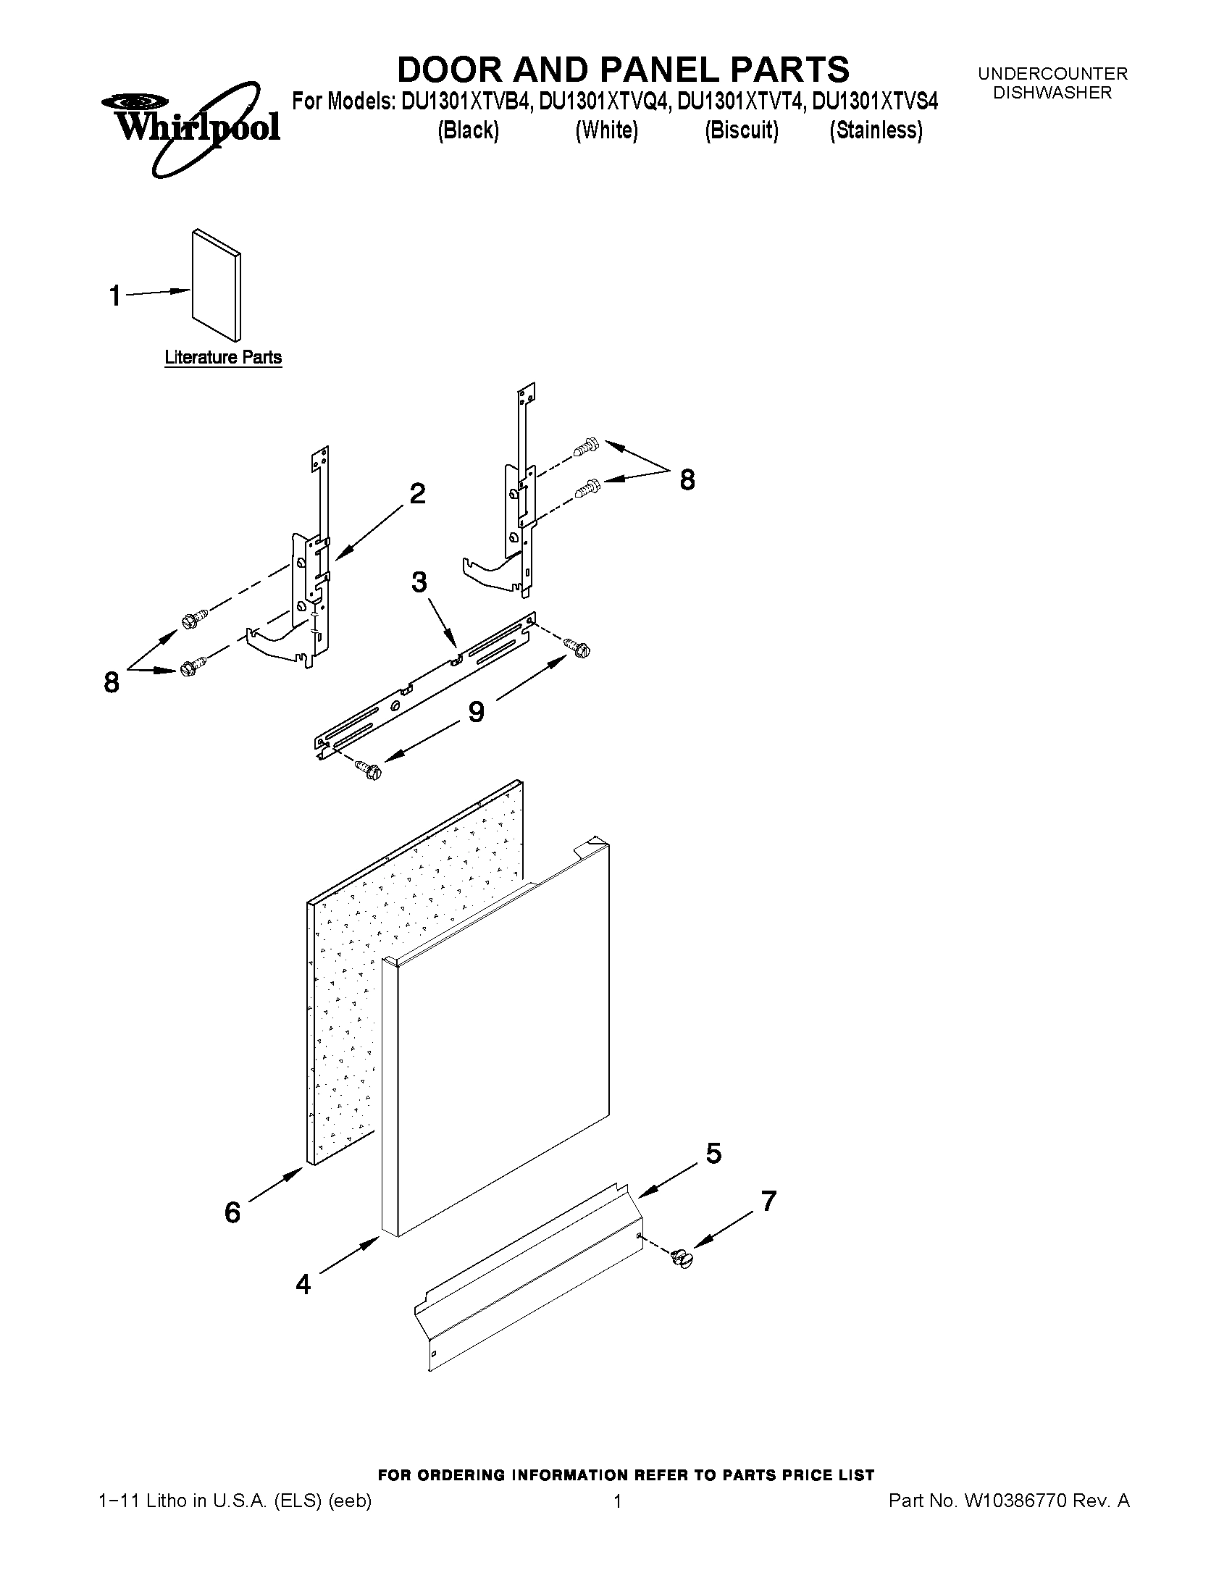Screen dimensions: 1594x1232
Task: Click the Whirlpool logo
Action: [190, 128]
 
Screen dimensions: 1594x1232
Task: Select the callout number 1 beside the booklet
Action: [115, 295]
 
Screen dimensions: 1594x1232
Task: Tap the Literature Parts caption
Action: [222, 357]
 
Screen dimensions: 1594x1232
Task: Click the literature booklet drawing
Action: [216, 285]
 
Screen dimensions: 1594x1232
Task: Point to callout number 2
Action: [416, 494]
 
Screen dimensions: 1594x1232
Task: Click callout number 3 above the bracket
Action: [419, 582]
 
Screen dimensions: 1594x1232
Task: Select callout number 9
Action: [476, 711]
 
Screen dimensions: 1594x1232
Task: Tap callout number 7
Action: [768, 1201]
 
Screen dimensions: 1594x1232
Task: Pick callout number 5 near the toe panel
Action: [713, 1153]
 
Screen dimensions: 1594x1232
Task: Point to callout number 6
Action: [232, 1212]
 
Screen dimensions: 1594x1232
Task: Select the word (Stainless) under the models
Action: [876, 130]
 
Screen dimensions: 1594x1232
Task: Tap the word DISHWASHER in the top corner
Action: [1052, 93]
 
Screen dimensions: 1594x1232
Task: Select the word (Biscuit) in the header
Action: [742, 130]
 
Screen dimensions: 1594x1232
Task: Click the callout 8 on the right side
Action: [687, 479]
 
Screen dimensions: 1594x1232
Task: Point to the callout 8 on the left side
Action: [112, 682]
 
